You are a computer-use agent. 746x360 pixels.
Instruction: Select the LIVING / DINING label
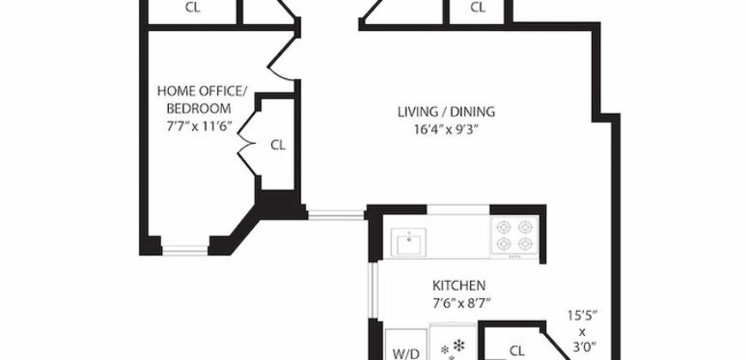click(x=446, y=112)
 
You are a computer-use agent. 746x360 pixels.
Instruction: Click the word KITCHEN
click(x=459, y=285)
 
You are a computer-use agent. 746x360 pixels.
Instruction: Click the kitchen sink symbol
click(x=410, y=243)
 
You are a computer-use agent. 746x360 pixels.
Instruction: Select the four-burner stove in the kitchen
click(x=512, y=237)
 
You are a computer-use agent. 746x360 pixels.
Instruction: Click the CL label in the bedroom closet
click(x=278, y=145)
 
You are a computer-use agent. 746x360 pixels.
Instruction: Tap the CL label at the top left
click(x=193, y=8)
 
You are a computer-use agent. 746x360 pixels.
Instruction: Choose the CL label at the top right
click(x=478, y=8)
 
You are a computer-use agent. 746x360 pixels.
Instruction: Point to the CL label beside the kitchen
click(x=517, y=350)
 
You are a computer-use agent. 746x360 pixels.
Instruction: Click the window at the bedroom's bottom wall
click(x=185, y=250)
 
